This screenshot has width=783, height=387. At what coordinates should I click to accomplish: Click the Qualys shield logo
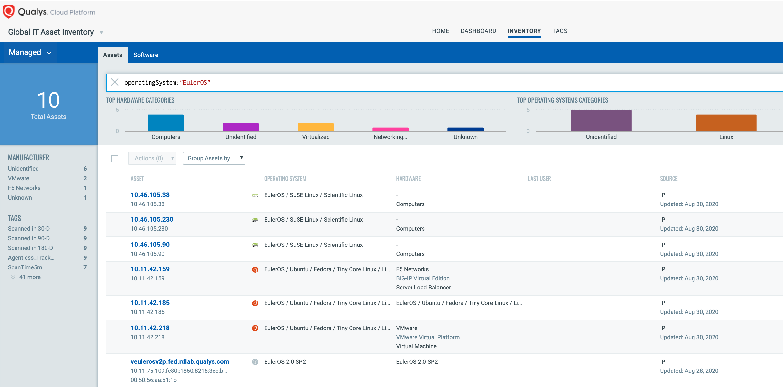(9, 12)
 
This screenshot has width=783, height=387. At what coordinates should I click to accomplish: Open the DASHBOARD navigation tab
(478, 31)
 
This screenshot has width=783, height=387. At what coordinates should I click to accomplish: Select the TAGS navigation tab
(559, 31)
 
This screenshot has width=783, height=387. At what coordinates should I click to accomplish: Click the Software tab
(146, 55)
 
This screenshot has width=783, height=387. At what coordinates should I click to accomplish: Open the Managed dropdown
(30, 52)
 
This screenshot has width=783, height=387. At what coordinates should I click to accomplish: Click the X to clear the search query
(115, 82)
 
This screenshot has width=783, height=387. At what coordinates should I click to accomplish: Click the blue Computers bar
(166, 123)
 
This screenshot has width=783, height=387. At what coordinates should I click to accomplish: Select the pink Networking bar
(390, 130)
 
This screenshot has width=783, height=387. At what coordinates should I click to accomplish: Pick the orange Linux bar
(726, 123)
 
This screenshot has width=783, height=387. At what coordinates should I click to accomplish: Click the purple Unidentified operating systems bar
(601, 121)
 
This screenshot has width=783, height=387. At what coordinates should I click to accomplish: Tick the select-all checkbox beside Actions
(115, 159)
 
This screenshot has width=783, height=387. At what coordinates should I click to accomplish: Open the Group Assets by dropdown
(214, 158)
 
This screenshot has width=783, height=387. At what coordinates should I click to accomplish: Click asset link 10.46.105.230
(152, 219)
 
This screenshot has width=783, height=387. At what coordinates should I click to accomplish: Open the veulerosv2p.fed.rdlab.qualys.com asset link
(180, 361)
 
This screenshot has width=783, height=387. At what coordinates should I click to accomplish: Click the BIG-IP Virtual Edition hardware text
(423, 278)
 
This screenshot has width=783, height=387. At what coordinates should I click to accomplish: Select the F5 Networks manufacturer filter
(24, 188)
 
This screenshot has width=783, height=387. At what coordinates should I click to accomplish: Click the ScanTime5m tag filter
(25, 267)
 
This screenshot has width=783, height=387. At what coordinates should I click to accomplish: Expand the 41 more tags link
(29, 277)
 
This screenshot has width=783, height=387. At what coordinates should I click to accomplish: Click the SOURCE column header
(668, 179)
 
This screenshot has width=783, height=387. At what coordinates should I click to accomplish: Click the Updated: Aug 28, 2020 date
(689, 371)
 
